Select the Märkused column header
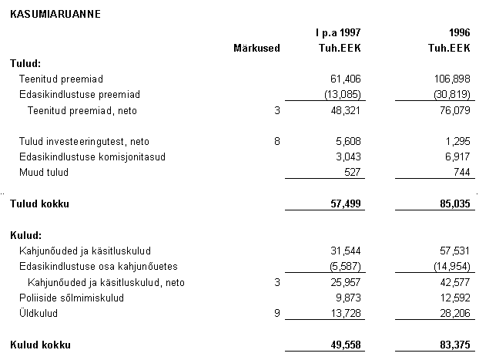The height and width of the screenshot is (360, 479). click(x=256, y=48)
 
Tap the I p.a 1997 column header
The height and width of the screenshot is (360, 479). click(x=338, y=33)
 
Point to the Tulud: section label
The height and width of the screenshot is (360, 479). click(x=25, y=63)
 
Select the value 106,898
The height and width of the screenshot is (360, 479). click(x=451, y=79)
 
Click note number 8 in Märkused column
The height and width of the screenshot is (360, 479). click(x=276, y=141)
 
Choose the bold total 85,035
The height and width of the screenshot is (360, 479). click(x=454, y=204)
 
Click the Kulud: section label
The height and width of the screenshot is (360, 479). click(x=25, y=235)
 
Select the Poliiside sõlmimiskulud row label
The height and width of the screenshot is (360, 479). click(x=69, y=298)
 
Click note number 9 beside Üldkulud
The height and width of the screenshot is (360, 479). click(x=276, y=314)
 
